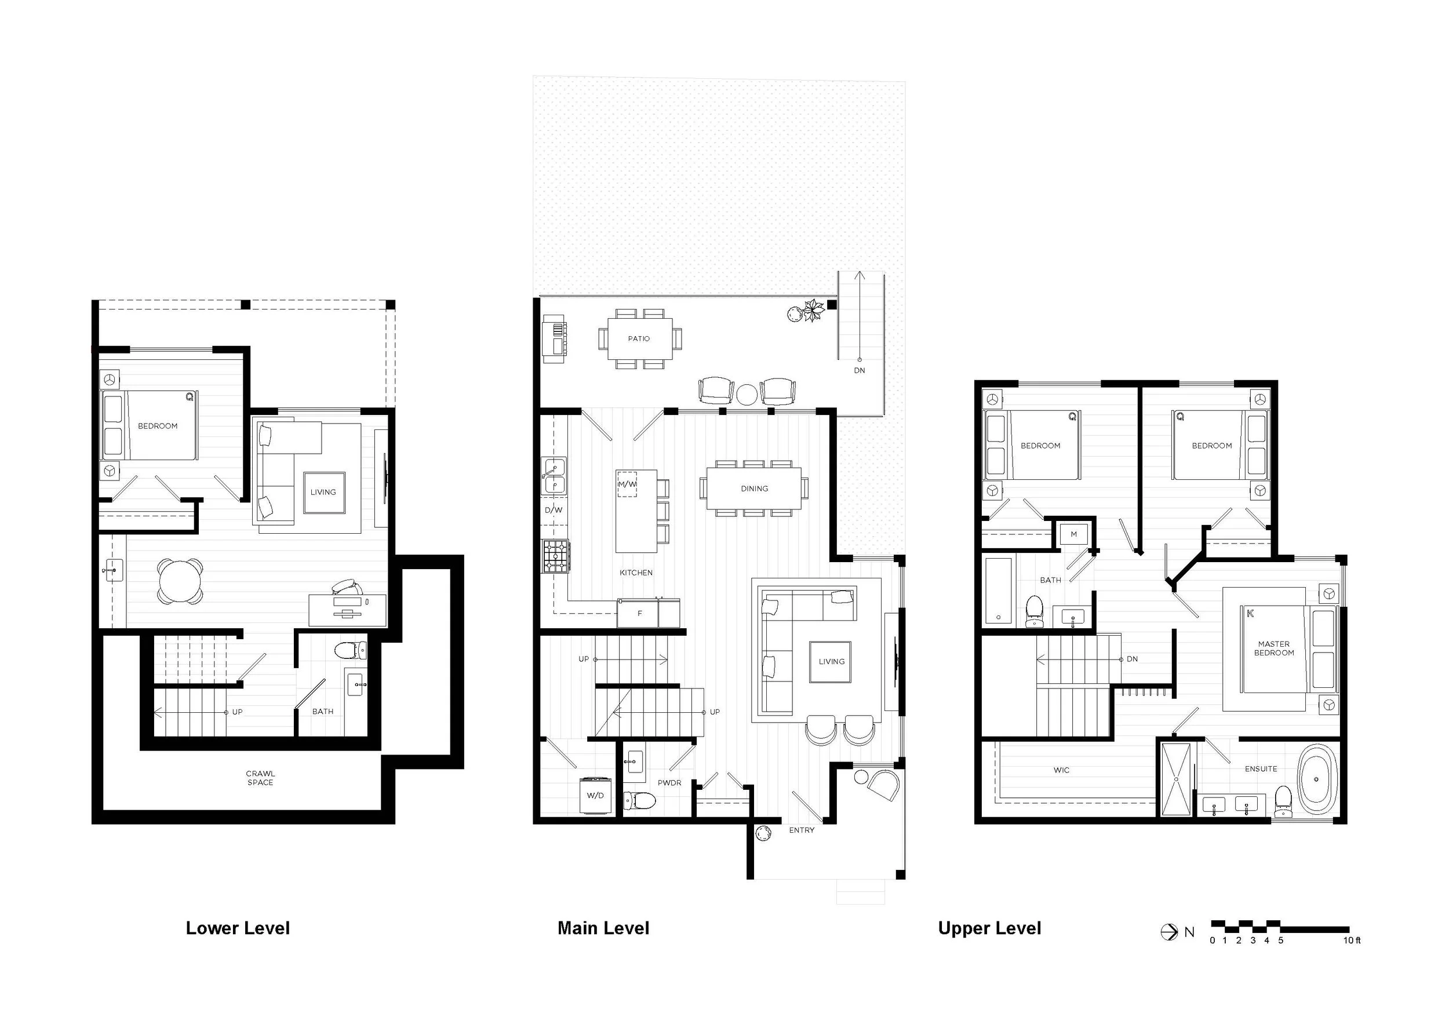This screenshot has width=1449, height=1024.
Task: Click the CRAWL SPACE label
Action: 260,778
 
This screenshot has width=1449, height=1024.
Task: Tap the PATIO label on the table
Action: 639,339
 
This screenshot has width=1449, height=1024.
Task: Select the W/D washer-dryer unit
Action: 595,796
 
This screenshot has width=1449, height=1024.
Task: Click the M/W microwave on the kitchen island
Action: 627,484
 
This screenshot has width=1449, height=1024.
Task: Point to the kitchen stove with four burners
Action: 556,556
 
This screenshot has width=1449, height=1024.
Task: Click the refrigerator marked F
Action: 639,613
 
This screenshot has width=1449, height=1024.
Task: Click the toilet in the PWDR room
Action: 639,801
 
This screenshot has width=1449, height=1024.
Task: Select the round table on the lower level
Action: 180,581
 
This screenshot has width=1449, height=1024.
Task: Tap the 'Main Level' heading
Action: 603,928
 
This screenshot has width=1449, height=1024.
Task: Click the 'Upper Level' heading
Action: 989,928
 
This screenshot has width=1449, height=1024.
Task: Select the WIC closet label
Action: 1061,770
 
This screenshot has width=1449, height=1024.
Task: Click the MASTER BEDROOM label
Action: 1273,648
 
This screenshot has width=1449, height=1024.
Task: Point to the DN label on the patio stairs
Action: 860,370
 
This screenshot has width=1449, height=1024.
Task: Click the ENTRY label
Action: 802,830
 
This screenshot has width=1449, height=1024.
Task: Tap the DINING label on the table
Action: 754,489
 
